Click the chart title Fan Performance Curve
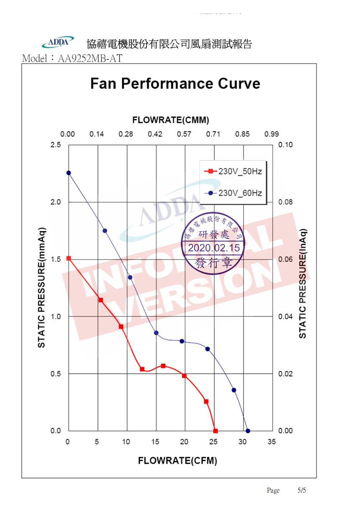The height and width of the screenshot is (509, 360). tap(175, 84)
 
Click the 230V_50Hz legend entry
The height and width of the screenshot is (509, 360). tap(233, 171)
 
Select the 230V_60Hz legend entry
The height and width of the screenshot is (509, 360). tap(233, 193)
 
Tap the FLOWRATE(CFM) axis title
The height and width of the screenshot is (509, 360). tap(177, 461)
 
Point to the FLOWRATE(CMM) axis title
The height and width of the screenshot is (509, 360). tap(170, 120)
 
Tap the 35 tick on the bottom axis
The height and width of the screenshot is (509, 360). tap(272, 442)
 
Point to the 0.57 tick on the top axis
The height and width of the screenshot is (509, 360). tap(184, 134)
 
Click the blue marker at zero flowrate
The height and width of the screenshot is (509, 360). tap(69, 173)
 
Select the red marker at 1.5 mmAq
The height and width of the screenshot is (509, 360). tap(69, 259)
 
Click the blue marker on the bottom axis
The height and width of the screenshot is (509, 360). tap(248, 431)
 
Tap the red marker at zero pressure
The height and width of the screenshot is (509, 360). tap(216, 431)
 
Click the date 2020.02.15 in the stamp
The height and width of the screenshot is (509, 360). tap(213, 248)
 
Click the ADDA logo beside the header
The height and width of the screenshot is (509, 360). tap(58, 42)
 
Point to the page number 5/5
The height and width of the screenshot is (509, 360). tap(301, 490)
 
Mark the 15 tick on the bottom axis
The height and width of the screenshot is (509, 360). tap(155, 442)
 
